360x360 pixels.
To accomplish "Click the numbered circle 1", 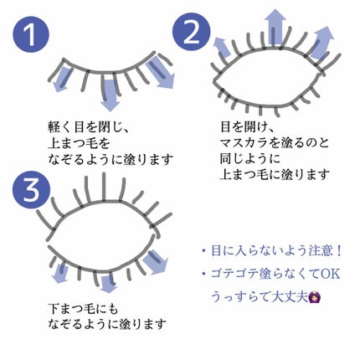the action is [31, 34].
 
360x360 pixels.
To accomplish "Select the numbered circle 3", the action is [32, 190].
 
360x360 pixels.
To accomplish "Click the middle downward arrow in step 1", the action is [110, 95].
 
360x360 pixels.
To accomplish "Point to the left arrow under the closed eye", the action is [62, 79].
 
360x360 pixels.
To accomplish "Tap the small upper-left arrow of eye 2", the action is [223, 47].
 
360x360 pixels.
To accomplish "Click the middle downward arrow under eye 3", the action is [108, 284].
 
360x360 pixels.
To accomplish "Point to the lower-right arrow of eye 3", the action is [155, 262].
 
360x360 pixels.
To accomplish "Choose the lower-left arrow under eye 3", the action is [59, 272].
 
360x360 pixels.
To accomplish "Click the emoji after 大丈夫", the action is [314, 296].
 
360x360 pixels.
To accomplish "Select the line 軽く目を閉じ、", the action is [88, 127].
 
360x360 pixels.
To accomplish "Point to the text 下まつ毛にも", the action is [83, 308].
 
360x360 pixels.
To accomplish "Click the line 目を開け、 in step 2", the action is [247, 127].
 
